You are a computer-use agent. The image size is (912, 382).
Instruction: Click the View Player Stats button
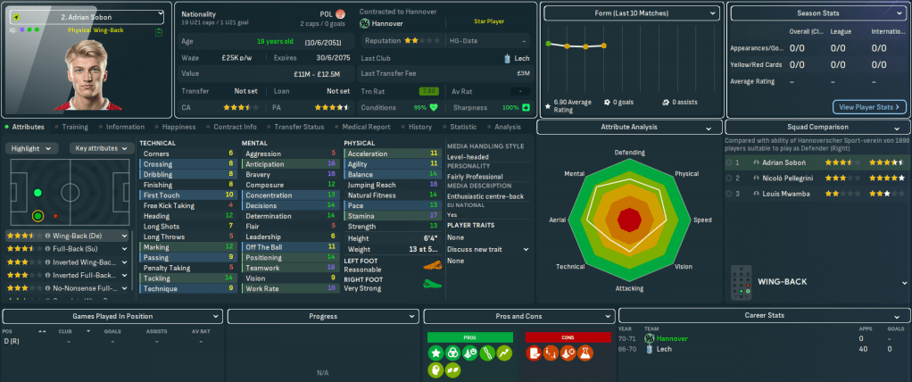pyautogui.click(x=869, y=107)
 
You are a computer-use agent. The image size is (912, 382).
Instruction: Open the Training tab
pyautogui.click(x=74, y=127)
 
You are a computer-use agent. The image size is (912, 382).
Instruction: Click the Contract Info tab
pyautogui.click(x=236, y=127)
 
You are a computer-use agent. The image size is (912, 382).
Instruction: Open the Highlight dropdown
pyautogui.click(x=34, y=148)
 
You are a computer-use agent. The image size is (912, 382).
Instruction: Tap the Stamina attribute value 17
pyautogui.click(x=434, y=215)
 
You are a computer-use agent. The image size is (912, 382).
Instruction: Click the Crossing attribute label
pyautogui.click(x=158, y=164)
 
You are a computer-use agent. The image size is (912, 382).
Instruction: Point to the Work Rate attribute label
pyautogui.click(x=262, y=288)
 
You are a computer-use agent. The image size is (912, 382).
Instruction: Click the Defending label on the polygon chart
pyautogui.click(x=629, y=153)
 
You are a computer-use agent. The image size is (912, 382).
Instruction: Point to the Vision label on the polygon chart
pyautogui.click(x=683, y=266)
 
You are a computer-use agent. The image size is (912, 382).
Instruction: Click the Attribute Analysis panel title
pyautogui.click(x=630, y=127)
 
